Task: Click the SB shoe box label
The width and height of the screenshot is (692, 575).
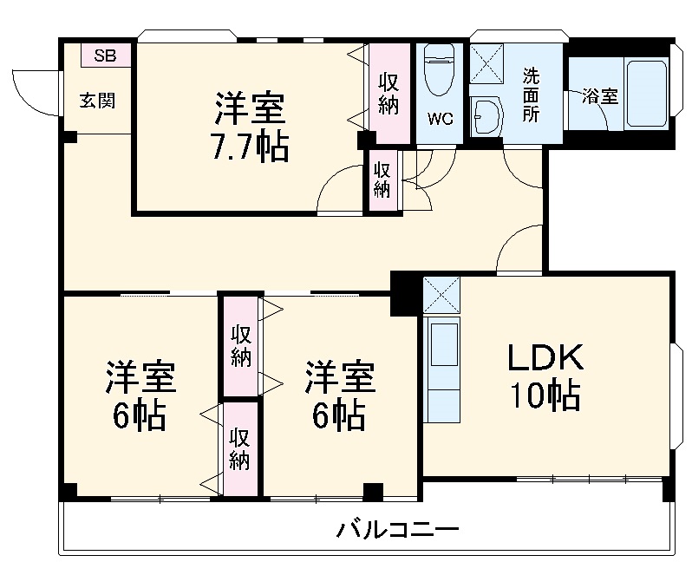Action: point(105,56)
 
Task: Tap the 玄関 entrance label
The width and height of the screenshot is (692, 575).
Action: point(97,101)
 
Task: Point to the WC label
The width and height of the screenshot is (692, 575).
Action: point(441,120)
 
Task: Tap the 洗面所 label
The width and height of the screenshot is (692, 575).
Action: point(529,94)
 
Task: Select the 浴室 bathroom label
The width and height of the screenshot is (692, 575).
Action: point(599,96)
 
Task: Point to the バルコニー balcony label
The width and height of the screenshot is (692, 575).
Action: point(398,530)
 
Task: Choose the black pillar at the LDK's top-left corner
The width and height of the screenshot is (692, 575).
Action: point(404,292)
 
